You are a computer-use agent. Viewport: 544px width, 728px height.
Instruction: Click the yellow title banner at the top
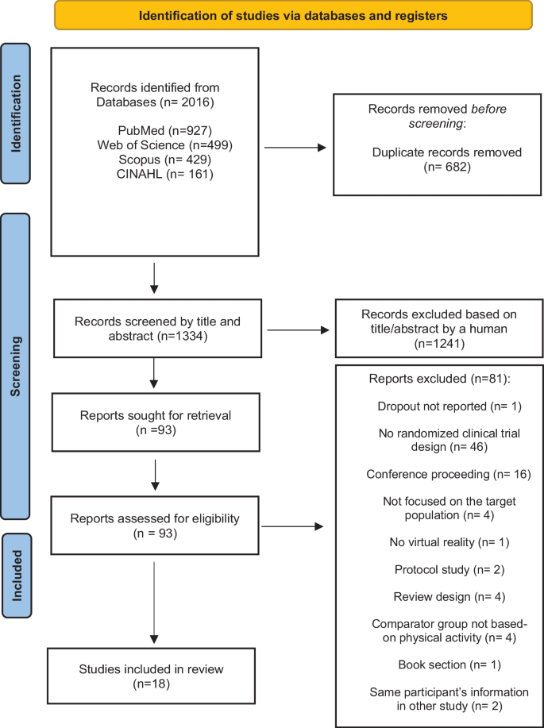[x=293, y=15]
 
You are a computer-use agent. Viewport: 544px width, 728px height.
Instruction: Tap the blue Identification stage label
[x=16, y=114]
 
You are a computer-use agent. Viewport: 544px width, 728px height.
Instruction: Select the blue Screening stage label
[x=16, y=366]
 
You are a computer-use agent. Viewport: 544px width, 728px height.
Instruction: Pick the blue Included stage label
[x=17, y=576]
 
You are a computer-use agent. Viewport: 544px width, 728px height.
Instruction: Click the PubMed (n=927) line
[x=155, y=130]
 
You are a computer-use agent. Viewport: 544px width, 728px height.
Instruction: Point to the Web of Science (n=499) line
[x=165, y=144]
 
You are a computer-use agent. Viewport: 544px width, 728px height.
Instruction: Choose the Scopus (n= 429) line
[x=165, y=160]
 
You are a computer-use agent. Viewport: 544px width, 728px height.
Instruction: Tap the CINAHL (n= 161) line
[x=165, y=174]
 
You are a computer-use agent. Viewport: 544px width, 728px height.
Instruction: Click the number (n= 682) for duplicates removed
[x=447, y=166]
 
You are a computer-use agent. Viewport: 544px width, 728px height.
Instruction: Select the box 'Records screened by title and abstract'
[x=157, y=328]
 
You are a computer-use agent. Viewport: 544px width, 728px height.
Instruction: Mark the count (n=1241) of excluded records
[x=439, y=344]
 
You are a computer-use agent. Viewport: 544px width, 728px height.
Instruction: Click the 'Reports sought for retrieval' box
[x=156, y=422]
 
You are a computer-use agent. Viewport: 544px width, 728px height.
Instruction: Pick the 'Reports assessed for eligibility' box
[x=155, y=525]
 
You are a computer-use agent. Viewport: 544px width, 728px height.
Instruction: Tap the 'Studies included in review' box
[x=151, y=676]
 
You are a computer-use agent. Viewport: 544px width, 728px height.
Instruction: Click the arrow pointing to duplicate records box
[x=295, y=148]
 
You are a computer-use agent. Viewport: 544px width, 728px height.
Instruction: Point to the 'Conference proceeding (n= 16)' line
[x=448, y=474]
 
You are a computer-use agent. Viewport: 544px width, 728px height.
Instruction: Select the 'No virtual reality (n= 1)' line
[x=449, y=541]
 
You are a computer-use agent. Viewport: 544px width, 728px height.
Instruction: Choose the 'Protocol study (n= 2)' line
[x=449, y=569]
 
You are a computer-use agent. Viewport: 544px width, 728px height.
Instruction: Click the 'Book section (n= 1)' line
[x=449, y=664]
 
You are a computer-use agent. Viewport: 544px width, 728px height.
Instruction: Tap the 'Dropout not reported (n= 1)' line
[x=449, y=406]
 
